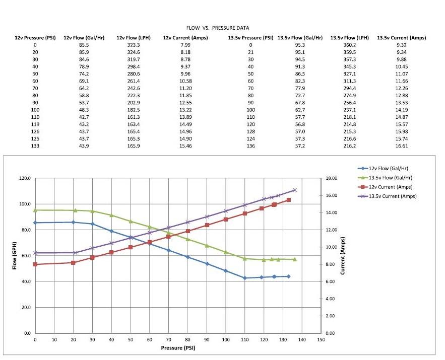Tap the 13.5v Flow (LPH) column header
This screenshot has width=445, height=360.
pos(349,38)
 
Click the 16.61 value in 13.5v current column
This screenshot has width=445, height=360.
pos(402,146)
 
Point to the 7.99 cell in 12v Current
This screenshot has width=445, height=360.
pos(184,45)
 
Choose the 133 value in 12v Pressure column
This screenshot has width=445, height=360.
pos(35,146)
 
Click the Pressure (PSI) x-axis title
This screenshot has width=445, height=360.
pos(178,348)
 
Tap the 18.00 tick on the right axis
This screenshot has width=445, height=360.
pos(331,178)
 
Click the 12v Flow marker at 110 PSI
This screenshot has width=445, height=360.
pos(245,278)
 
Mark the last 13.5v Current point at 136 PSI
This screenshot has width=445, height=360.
pos(295,190)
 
